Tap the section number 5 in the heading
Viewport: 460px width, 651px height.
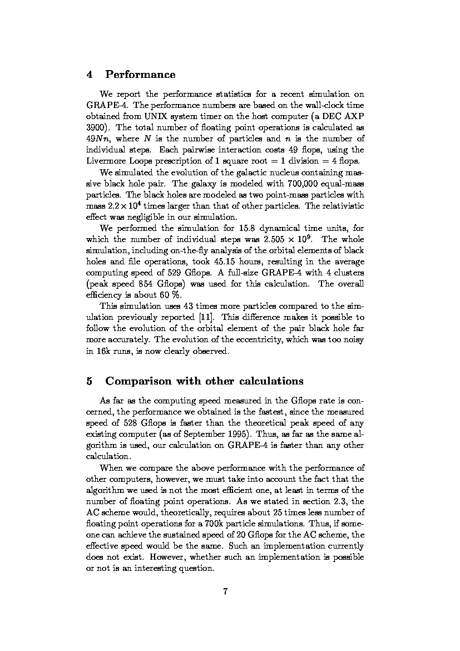(90, 381)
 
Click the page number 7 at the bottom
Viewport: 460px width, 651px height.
(226, 591)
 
